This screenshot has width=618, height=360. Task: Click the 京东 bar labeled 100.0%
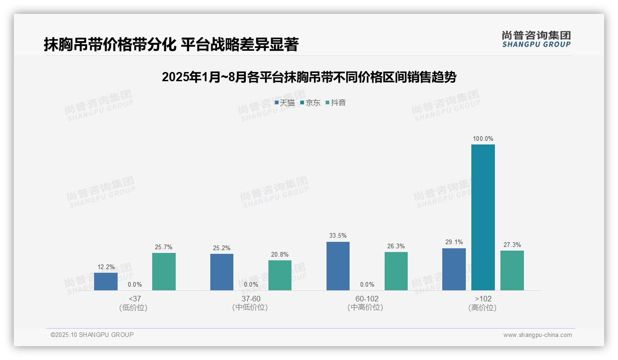click(483, 217)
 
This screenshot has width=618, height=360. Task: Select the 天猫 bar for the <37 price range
click(106, 282)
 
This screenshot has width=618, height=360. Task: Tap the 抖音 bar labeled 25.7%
click(164, 271)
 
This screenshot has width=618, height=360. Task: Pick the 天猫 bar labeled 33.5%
click(338, 266)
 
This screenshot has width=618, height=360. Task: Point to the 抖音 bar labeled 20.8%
click(280, 275)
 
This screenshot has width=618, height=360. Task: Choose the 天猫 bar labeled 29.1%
click(454, 269)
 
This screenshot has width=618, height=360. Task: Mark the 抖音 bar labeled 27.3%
click(512, 270)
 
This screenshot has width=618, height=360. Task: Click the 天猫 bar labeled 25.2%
click(222, 272)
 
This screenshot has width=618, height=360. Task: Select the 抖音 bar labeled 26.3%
click(396, 271)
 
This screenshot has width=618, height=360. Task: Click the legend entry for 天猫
click(285, 103)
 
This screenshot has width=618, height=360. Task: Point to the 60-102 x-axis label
click(367, 299)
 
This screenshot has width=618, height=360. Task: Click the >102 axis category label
click(483, 299)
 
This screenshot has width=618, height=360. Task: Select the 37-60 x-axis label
click(251, 299)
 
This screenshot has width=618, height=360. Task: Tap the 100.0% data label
click(483, 138)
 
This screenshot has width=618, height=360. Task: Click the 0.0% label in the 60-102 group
click(367, 285)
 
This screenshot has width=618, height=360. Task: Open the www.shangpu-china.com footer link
click(537, 335)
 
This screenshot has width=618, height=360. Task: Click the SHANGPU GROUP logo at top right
click(536, 39)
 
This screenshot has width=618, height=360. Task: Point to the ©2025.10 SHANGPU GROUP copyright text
click(92, 335)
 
